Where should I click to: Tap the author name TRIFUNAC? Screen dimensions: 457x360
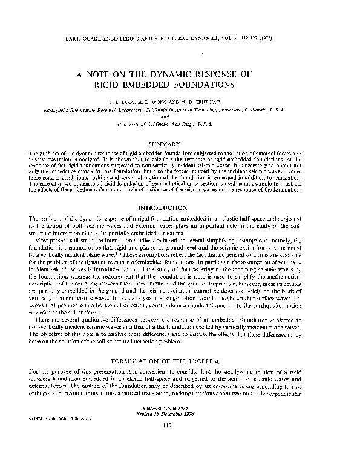click(x=212, y=103)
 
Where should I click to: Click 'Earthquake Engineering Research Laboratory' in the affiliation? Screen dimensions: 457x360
click(x=82, y=111)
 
